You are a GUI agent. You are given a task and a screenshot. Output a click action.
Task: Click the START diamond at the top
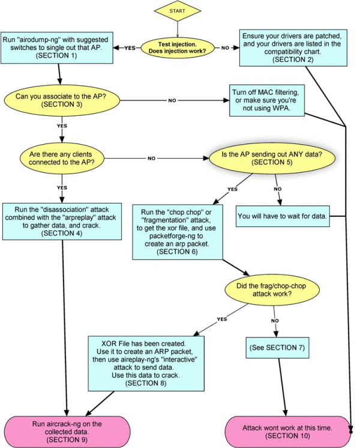tap(177, 11)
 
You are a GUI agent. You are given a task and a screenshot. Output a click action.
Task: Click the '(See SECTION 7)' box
tap(280, 348)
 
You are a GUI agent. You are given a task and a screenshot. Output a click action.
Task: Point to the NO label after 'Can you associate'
tap(172, 100)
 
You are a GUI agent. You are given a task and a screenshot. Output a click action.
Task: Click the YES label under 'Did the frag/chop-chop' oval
tap(221, 318)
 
